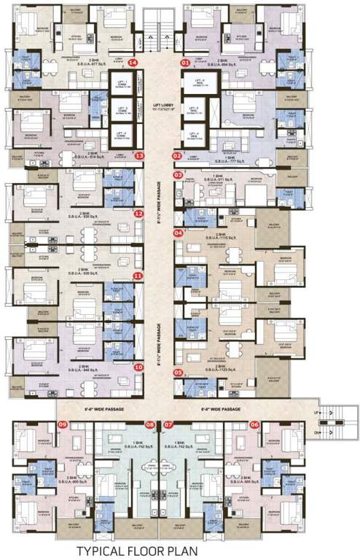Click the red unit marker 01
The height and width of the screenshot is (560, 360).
pyautogui.click(x=185, y=63)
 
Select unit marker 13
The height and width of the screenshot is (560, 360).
pyautogui.click(x=139, y=155)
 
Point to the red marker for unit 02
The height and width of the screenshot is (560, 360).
pyautogui.click(x=177, y=155)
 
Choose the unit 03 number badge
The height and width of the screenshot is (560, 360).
pyautogui.click(x=177, y=175)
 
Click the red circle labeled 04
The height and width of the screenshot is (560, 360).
pyautogui.click(x=178, y=233)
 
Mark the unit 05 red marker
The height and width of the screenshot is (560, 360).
pyautogui.click(x=178, y=373)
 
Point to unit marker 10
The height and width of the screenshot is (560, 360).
pyautogui.click(x=138, y=367)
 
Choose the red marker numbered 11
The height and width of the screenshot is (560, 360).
pyautogui.click(x=138, y=276)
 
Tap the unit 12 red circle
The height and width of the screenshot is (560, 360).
pyautogui.click(x=138, y=214)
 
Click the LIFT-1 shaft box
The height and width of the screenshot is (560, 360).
pyautogui.click(x=121, y=84)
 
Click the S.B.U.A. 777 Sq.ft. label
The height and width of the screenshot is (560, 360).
pyautogui.click(x=221, y=163)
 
